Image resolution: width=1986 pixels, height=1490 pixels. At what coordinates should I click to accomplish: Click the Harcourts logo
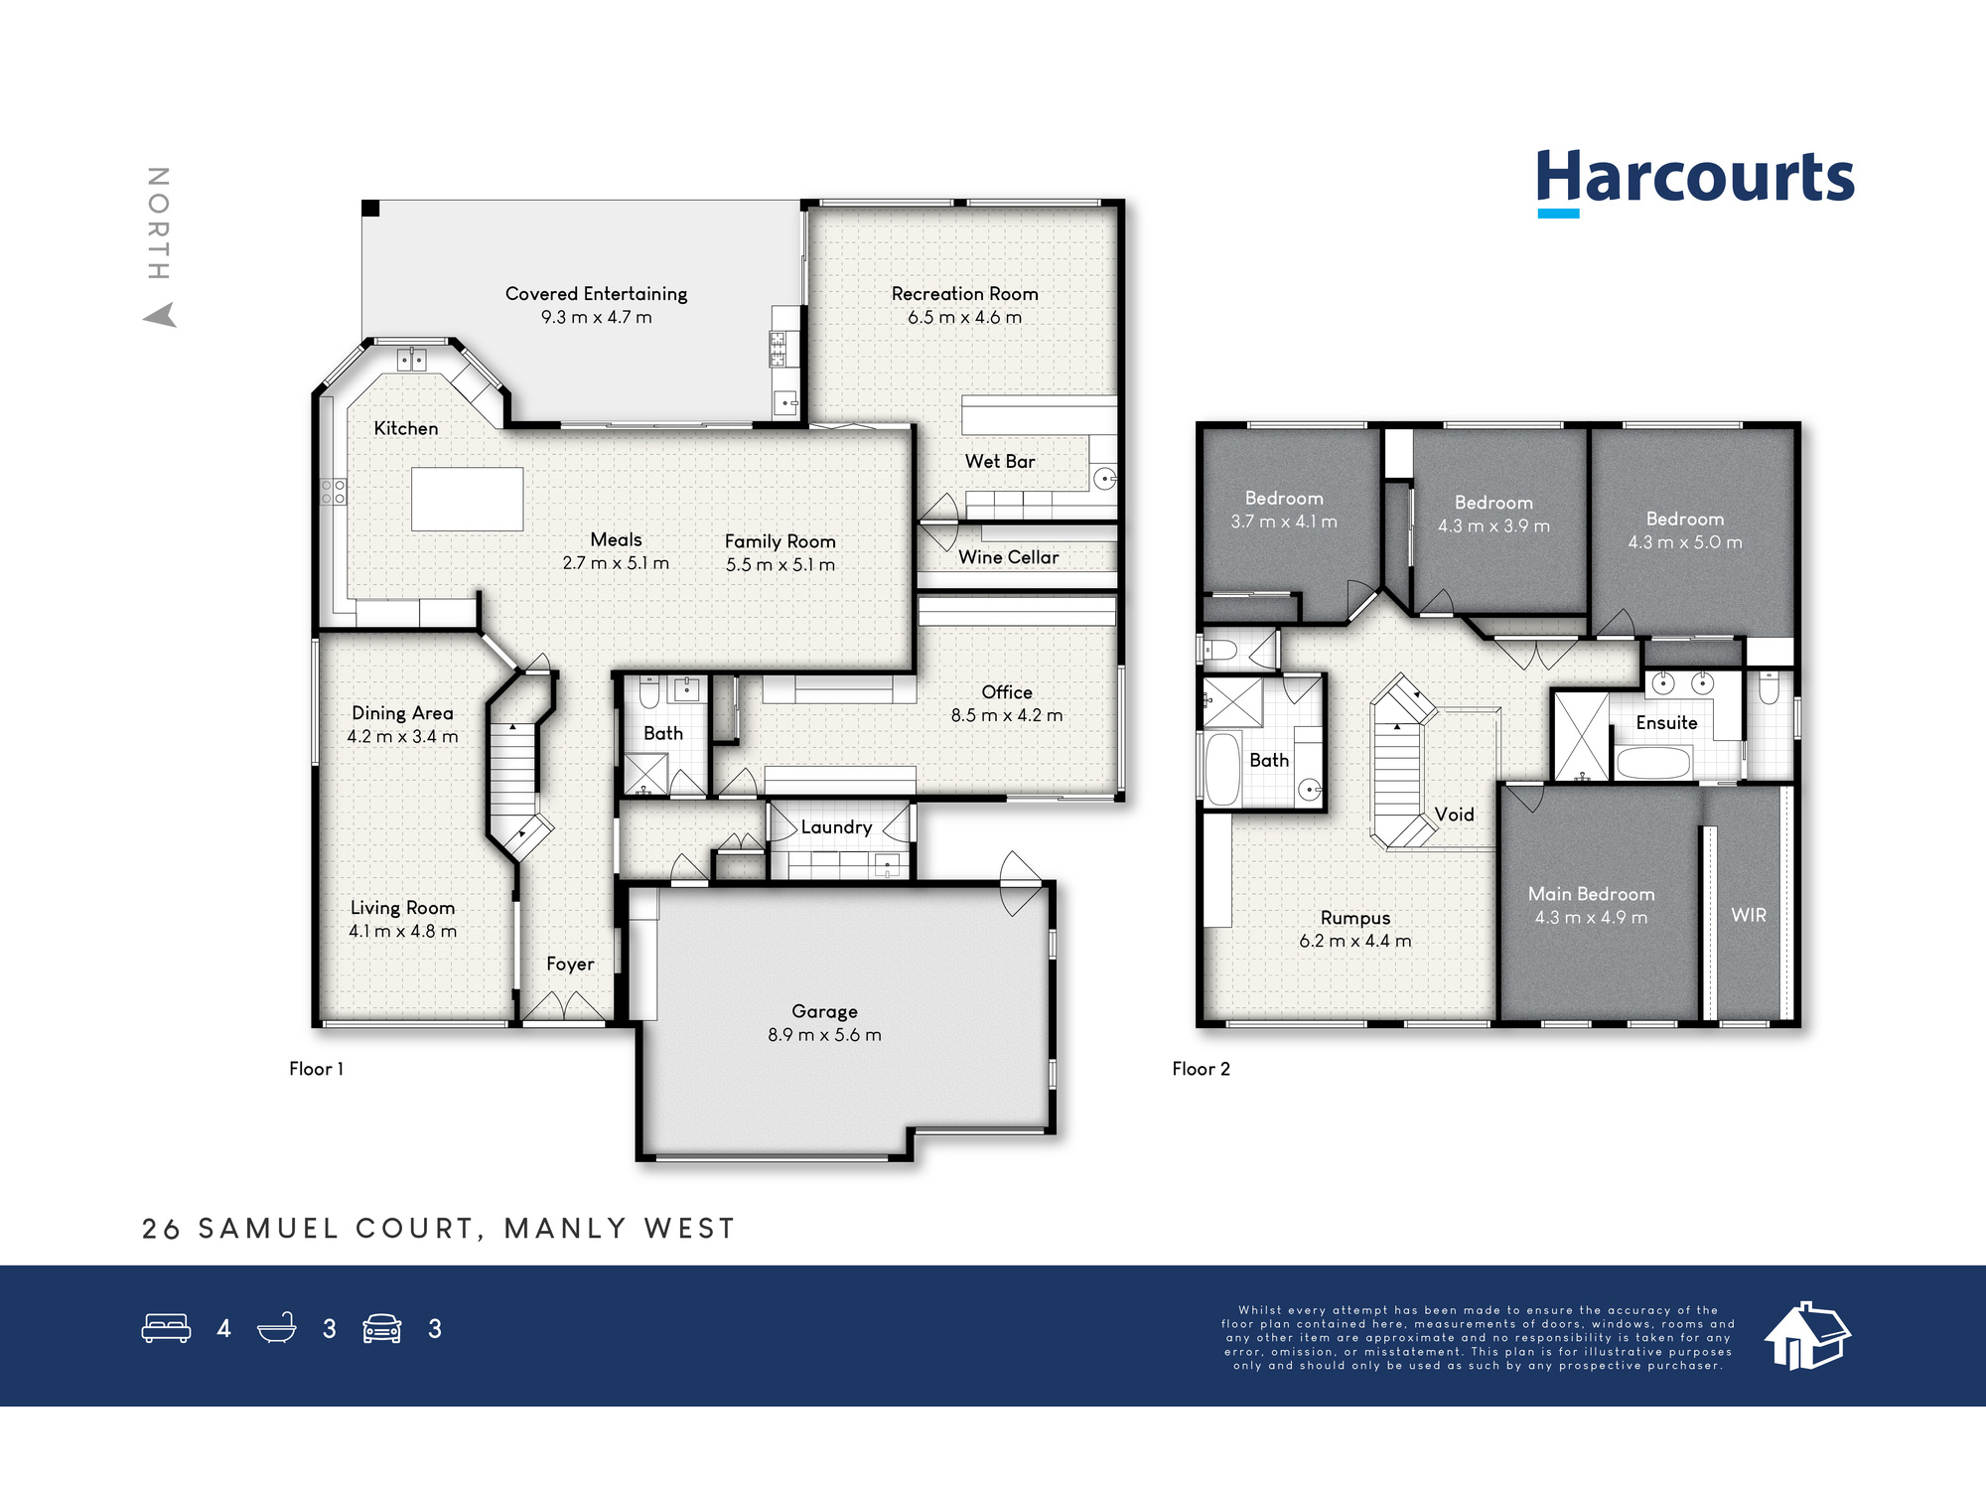[x=1694, y=181]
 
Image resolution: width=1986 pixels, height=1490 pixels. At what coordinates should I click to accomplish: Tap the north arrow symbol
[x=161, y=315]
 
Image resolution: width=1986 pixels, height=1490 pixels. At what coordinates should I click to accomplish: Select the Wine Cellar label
[x=1008, y=557]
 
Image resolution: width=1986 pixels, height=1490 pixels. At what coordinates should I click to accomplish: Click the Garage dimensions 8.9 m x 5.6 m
[x=824, y=1035]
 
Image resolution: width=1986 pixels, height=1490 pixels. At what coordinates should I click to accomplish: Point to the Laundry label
[x=836, y=827]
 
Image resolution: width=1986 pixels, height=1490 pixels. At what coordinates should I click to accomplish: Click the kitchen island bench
[x=467, y=499]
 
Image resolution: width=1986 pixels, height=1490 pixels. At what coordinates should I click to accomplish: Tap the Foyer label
[x=570, y=965]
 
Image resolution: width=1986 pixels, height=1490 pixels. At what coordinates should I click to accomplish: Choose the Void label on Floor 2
[x=1454, y=815]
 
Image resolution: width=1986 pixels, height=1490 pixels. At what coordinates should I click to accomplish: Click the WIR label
[x=1749, y=915]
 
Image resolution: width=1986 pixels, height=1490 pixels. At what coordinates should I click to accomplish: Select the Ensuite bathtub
[x=1653, y=763]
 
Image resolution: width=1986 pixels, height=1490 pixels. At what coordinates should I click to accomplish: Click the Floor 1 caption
[x=316, y=1069]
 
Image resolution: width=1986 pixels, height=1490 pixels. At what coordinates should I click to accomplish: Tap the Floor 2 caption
[x=1201, y=1069]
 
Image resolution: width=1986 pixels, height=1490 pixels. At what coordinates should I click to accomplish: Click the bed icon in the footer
[x=166, y=1328]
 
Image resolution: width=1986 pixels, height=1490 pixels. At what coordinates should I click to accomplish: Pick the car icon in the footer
[x=381, y=1328]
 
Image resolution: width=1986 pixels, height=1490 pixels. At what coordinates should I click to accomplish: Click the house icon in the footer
[x=1807, y=1336]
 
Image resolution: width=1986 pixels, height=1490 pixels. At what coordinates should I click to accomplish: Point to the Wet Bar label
[x=1000, y=462]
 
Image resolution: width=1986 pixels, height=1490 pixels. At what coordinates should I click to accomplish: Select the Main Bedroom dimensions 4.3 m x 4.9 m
[x=1591, y=918]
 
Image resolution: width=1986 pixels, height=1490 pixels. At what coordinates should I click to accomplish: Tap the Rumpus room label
[x=1355, y=919]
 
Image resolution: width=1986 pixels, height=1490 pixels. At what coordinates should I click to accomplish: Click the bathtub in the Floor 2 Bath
[x=1222, y=769]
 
